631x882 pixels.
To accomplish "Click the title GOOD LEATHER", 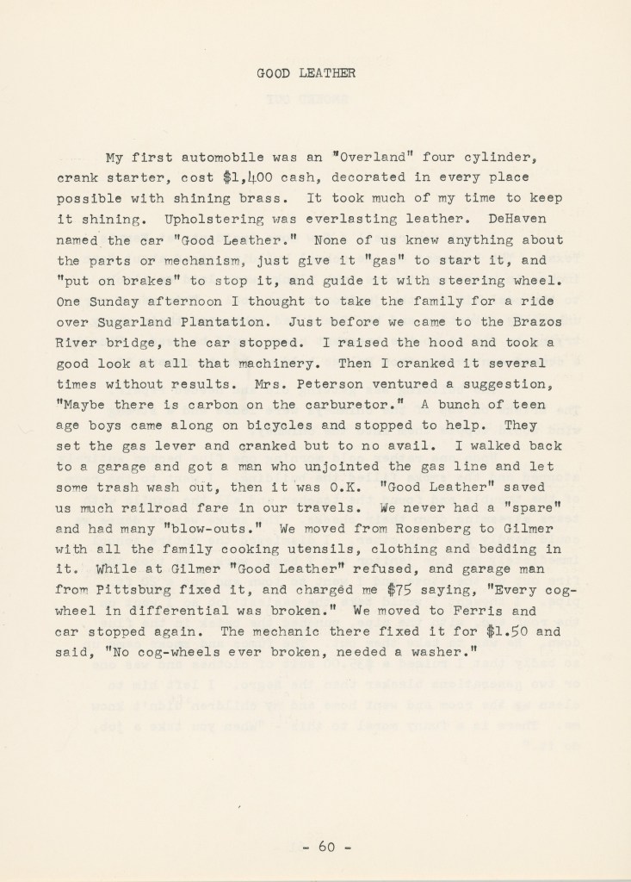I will pyautogui.click(x=306, y=74).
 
